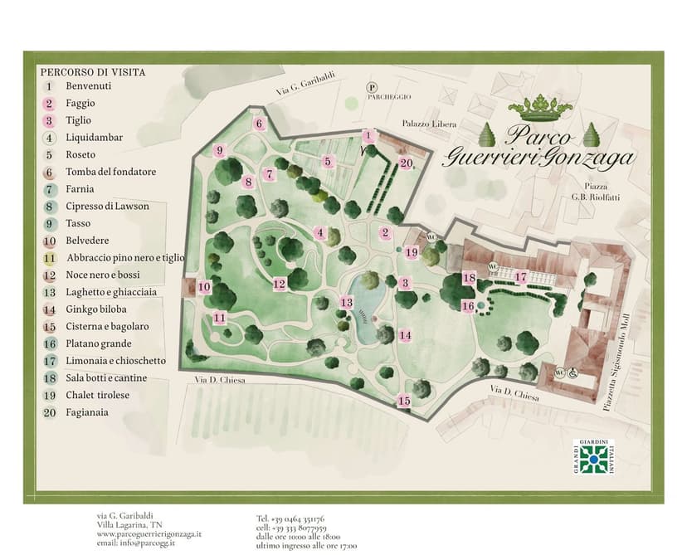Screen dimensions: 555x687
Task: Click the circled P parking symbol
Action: (x=373, y=86)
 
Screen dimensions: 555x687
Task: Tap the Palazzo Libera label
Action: (x=429, y=124)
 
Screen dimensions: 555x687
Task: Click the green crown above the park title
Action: (x=540, y=107)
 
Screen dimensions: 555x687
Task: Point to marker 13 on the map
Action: (x=346, y=303)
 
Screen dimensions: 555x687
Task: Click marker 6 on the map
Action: (x=259, y=124)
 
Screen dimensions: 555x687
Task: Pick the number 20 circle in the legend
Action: (x=49, y=412)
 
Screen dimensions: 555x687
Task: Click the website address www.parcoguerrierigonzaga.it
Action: (x=149, y=534)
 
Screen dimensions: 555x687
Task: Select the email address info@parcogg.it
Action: (x=137, y=543)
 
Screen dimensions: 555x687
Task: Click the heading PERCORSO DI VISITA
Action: (x=92, y=72)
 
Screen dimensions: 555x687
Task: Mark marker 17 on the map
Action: (x=520, y=277)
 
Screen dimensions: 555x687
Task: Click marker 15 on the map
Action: (x=403, y=401)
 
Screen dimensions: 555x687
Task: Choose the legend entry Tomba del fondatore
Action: (x=110, y=172)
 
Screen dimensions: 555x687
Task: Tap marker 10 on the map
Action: (x=203, y=287)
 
